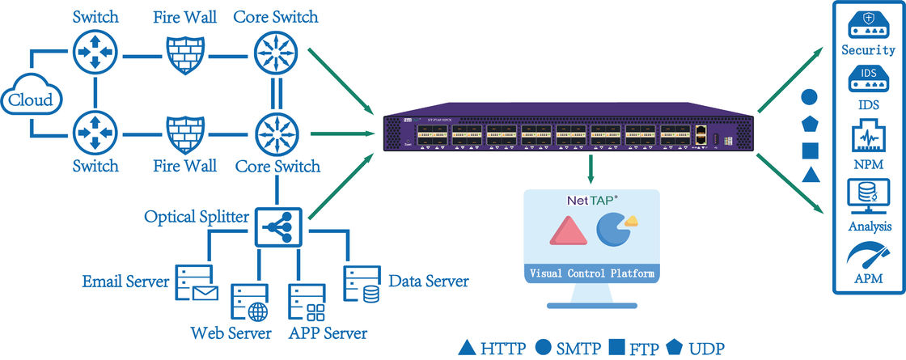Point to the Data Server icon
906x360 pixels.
click(362, 283)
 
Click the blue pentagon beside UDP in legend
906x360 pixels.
click(675, 348)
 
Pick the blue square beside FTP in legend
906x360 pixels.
click(616, 349)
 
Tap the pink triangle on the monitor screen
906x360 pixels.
click(566, 231)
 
